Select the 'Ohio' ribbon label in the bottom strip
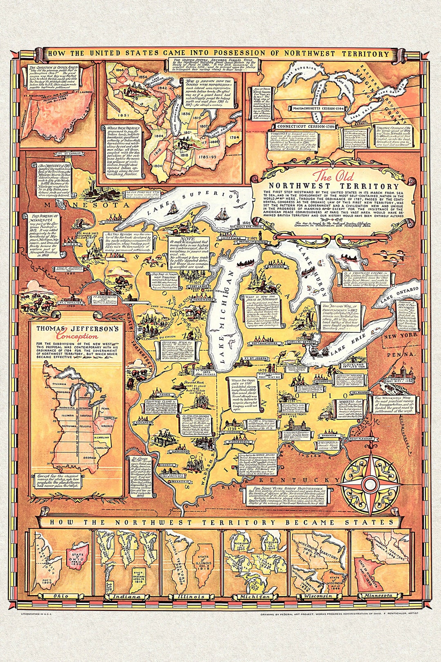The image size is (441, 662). click(60, 596)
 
